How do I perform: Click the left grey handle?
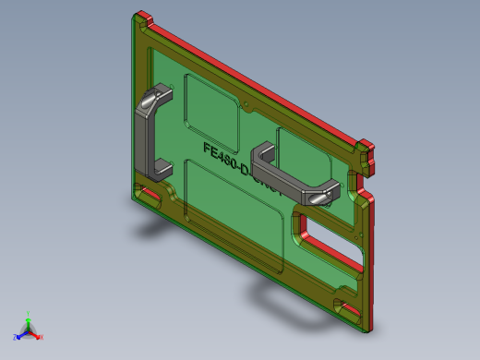click(x=145, y=134)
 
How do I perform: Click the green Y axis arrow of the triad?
click(x=29, y=316)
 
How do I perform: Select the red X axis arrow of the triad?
click(x=39, y=337)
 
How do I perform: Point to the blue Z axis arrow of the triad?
click(x=18, y=336)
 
